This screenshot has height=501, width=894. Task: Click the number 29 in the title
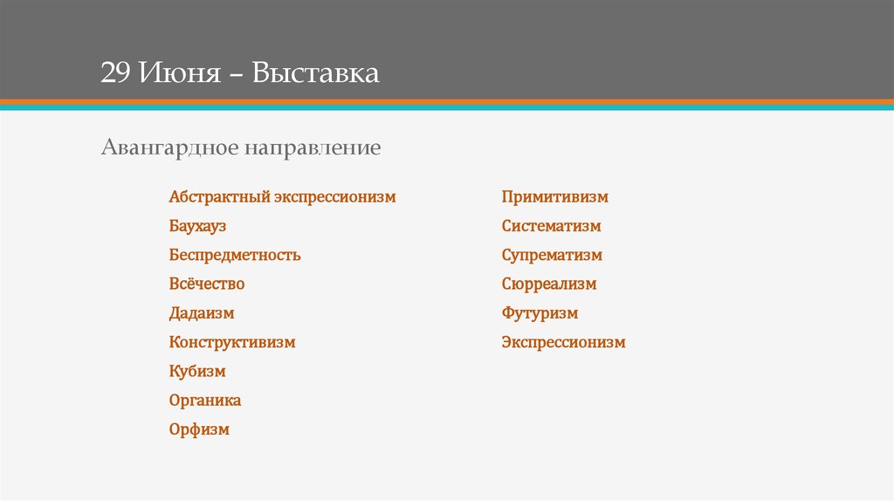click(x=114, y=72)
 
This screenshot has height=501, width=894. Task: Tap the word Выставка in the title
click(x=316, y=72)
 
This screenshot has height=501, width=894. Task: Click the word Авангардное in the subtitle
click(x=168, y=148)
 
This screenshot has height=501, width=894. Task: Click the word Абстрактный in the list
click(x=217, y=197)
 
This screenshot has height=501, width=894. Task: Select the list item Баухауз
click(x=198, y=226)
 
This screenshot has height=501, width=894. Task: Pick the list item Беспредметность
click(x=235, y=256)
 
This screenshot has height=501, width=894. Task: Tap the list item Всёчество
click(x=207, y=285)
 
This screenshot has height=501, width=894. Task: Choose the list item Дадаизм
click(x=202, y=313)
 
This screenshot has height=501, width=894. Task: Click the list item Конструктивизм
click(x=232, y=342)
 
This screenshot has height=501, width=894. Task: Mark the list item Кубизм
click(x=197, y=372)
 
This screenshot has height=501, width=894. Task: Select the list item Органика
click(x=205, y=401)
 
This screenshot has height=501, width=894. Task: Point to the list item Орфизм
click(x=199, y=429)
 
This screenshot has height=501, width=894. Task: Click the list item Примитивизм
click(x=554, y=197)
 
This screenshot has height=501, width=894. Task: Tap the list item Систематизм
click(x=551, y=226)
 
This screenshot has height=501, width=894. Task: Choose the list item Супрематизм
click(x=552, y=256)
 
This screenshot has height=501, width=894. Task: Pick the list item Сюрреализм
click(x=549, y=285)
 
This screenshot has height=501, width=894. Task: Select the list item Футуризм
click(x=540, y=313)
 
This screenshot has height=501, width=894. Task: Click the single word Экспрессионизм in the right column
click(x=563, y=342)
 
